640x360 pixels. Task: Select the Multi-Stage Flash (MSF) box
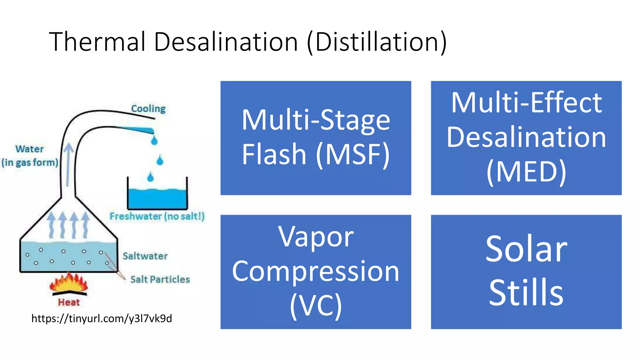coord(316,138)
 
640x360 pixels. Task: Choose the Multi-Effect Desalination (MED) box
coord(526,138)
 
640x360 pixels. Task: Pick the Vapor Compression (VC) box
coord(316,272)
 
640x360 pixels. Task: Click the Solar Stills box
coord(526,272)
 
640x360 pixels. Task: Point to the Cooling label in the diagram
coord(148,109)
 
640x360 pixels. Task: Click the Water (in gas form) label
coord(30,156)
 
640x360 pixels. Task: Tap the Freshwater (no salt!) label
coord(157,216)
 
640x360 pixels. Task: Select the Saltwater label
coord(145,256)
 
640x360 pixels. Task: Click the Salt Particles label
coord(160,279)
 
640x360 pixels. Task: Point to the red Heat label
coord(69,302)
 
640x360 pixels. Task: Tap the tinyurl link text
coord(102,318)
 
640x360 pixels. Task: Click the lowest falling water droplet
coord(151,177)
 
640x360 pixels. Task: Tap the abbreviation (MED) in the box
coord(526,172)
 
